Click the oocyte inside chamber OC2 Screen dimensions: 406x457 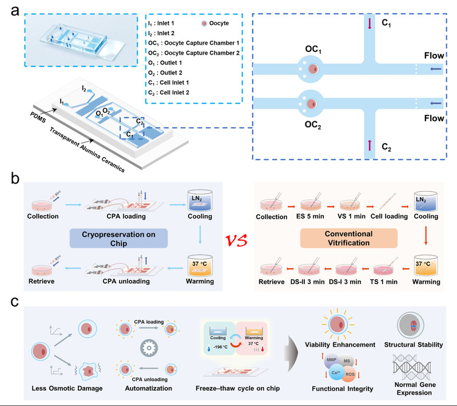click(x=314, y=105)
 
